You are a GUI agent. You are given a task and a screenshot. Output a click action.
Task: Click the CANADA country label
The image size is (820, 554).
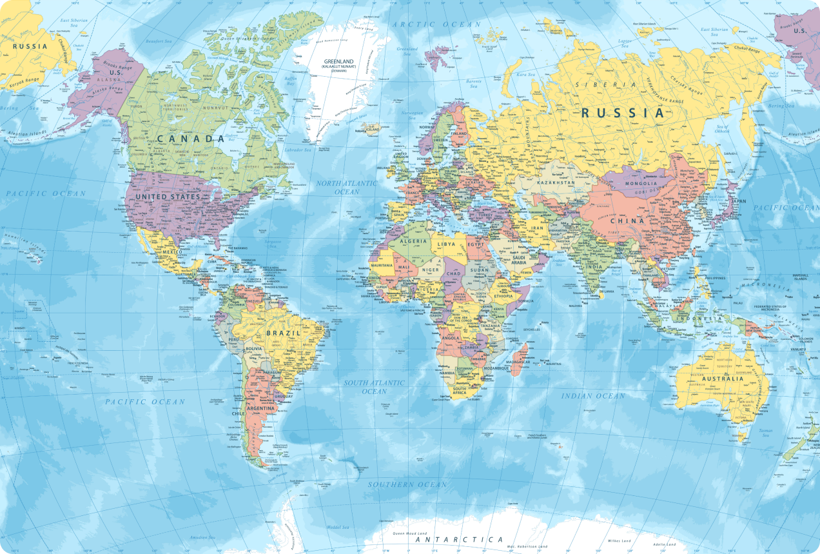pos(186,139)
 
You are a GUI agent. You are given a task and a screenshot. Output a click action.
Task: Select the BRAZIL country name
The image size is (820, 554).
pos(283,333)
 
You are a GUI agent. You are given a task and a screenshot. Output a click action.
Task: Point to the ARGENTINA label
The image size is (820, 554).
pos(260,408)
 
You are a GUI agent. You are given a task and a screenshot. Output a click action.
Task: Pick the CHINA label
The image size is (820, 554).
pos(627,221)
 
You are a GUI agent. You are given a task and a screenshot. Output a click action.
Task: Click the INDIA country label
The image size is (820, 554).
pos(594,266)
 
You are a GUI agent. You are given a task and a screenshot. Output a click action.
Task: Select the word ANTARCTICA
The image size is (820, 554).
pos(459,539)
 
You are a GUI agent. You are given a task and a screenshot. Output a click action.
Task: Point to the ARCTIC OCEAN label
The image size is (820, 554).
pos(437,24)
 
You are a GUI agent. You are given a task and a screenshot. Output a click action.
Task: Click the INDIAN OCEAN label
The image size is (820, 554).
pos(593,395)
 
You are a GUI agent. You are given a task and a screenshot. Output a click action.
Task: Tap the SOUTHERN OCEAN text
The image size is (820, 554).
pos(407,484)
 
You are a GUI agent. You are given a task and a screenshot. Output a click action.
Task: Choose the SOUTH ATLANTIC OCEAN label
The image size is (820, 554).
pos(374,387)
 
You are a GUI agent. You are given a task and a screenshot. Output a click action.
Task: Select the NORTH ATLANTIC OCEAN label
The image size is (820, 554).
pos(347,188)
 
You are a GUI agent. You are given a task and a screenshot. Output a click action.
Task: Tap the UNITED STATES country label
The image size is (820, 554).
pos(168,196)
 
